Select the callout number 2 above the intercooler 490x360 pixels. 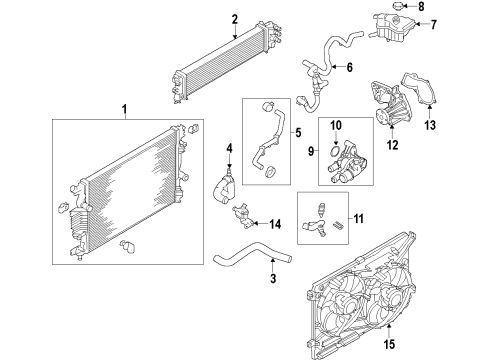coord(234,18)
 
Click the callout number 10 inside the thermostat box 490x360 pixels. coord(337,125)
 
